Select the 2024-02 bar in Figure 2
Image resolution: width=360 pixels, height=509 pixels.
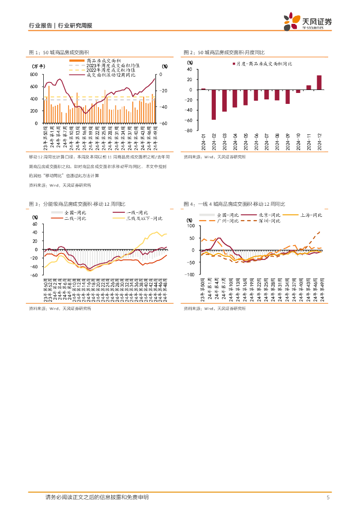click(214, 104)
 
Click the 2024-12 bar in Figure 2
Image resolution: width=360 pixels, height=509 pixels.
click(319, 83)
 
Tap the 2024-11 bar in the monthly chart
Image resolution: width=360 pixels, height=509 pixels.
click(308, 87)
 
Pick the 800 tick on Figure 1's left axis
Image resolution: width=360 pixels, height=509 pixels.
click(34, 75)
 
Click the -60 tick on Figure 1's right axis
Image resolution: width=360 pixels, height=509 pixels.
click(164, 123)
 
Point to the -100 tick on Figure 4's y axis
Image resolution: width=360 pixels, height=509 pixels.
click(190, 274)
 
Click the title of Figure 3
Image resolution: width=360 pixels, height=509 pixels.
click(77, 204)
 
